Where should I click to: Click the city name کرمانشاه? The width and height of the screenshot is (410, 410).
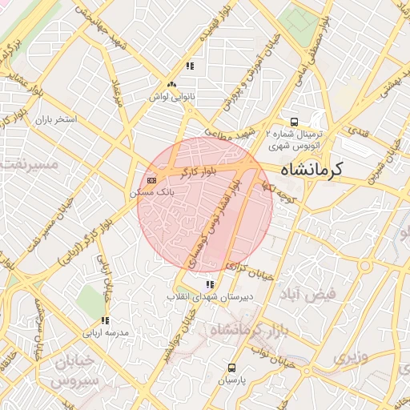coord(312,169)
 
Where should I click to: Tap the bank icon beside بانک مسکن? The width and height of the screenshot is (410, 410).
coord(151,179)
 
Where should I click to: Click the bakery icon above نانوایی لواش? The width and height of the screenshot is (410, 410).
coord(171,84)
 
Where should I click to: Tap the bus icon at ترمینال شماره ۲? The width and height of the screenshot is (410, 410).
coord(295,123)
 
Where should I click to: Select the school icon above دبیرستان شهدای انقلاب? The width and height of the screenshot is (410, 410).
coord(210,284)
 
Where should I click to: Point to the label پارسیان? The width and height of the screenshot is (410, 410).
coord(231,380)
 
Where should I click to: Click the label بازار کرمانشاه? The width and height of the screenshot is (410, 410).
coord(243,329)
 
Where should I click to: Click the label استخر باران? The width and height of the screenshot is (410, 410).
coord(54,119)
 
